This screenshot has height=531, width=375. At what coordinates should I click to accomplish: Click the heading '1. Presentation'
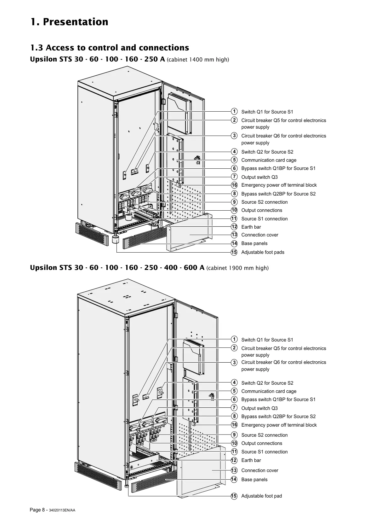tap(69, 22)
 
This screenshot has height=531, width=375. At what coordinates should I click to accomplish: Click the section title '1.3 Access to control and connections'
tap(110, 48)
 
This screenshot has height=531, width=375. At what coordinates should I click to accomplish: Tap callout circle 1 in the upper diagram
tap(234, 111)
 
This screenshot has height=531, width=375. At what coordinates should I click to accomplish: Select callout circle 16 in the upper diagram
tap(234, 185)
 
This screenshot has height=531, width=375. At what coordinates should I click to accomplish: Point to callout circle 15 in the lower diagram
tap(234, 496)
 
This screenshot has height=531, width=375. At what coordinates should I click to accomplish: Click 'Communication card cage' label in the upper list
tap(269, 160)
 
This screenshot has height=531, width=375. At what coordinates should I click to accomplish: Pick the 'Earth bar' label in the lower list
tap(251, 460)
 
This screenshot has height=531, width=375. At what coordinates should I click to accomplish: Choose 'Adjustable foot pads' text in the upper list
tap(263, 252)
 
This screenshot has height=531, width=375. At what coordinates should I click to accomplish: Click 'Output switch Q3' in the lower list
tap(259, 408)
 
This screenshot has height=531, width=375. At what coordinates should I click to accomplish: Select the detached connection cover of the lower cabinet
tap(202, 473)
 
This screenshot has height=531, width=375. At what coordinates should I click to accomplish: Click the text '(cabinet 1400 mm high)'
tap(198, 60)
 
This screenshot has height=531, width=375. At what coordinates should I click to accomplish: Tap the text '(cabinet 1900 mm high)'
tap(237, 268)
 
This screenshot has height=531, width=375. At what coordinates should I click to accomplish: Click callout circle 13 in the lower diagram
tap(234, 470)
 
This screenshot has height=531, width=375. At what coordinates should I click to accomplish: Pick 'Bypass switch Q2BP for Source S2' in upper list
tap(278, 194)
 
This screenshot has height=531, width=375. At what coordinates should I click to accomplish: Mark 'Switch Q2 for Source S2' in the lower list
tap(267, 383)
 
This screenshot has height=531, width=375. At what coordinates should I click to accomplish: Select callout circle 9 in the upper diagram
tap(234, 202)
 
